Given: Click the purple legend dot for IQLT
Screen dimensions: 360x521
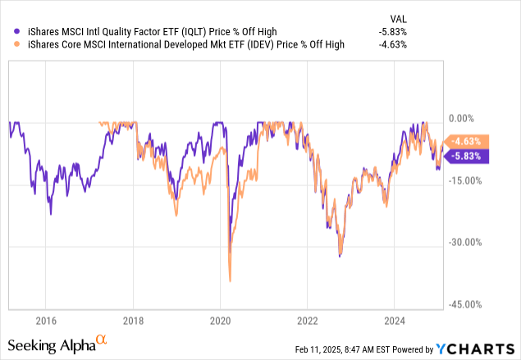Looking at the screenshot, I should pos(7,32).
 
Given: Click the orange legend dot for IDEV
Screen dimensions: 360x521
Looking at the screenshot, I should pos(7,45).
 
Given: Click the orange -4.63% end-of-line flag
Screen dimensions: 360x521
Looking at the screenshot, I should pos(467,141).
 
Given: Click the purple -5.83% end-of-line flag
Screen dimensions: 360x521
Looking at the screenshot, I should pos(467,155).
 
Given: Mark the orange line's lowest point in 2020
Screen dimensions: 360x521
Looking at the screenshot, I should pos(230,281).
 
